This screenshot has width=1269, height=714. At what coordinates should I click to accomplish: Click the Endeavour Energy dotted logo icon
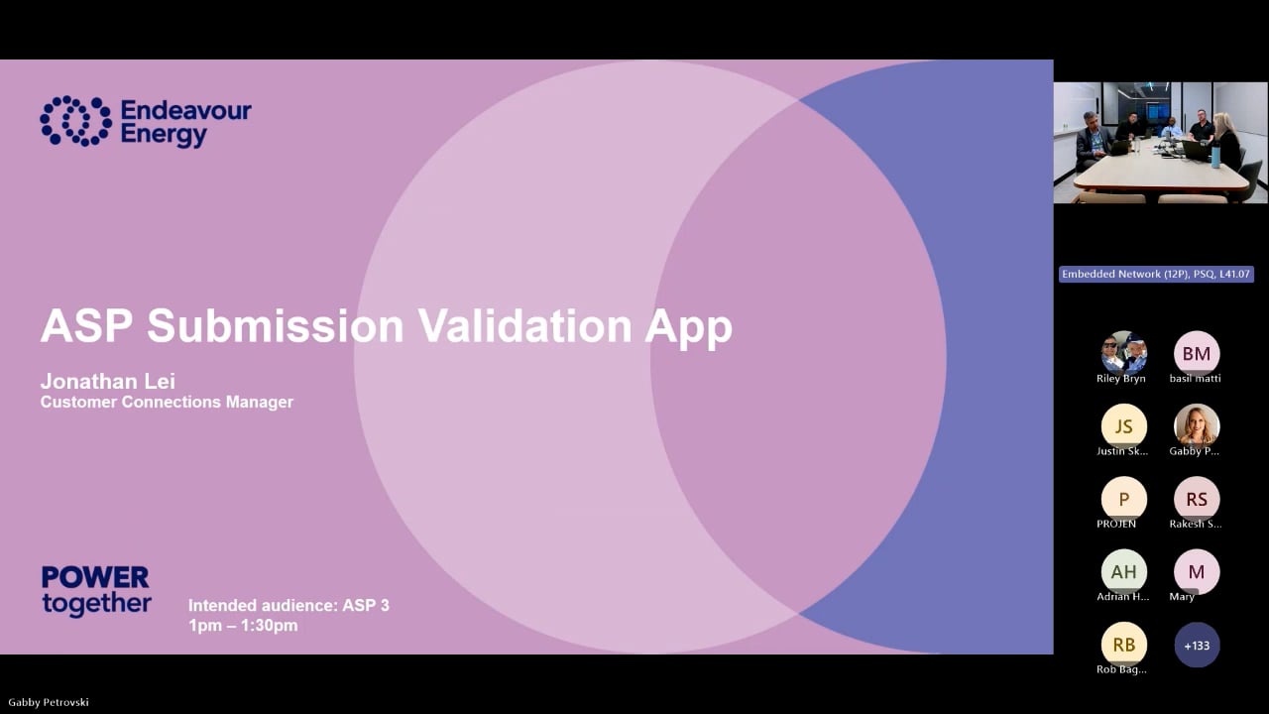[x=75, y=121]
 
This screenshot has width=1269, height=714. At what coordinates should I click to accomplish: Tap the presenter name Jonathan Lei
[x=107, y=382]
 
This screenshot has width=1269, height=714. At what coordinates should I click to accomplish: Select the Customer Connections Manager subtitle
[x=167, y=403]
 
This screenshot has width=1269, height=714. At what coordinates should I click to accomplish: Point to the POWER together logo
[x=96, y=591]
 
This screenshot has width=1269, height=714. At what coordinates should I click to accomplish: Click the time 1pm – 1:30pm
[x=243, y=626]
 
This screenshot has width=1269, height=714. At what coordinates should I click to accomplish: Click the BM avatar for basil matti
[x=1196, y=354]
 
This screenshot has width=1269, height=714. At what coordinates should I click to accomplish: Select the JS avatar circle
[x=1123, y=426]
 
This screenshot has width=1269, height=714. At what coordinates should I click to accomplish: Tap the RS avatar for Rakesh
[x=1196, y=499]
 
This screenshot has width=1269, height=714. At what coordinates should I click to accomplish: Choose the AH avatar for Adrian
[x=1123, y=572]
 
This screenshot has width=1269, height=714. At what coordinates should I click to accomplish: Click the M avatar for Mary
[x=1196, y=571]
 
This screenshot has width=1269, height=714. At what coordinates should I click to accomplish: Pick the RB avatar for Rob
[x=1123, y=645]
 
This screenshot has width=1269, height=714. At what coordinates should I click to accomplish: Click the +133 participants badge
[x=1196, y=646]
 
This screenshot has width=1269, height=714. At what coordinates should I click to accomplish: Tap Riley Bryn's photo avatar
[x=1123, y=353]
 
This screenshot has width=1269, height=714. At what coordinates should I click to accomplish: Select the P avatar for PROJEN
[x=1123, y=499]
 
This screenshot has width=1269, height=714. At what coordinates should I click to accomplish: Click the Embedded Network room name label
[x=1156, y=275]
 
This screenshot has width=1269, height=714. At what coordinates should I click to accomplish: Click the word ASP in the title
[x=86, y=325]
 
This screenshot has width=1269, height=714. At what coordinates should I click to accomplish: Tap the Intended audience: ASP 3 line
[x=288, y=605]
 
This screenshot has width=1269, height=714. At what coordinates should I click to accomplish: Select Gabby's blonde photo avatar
[x=1196, y=425]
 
